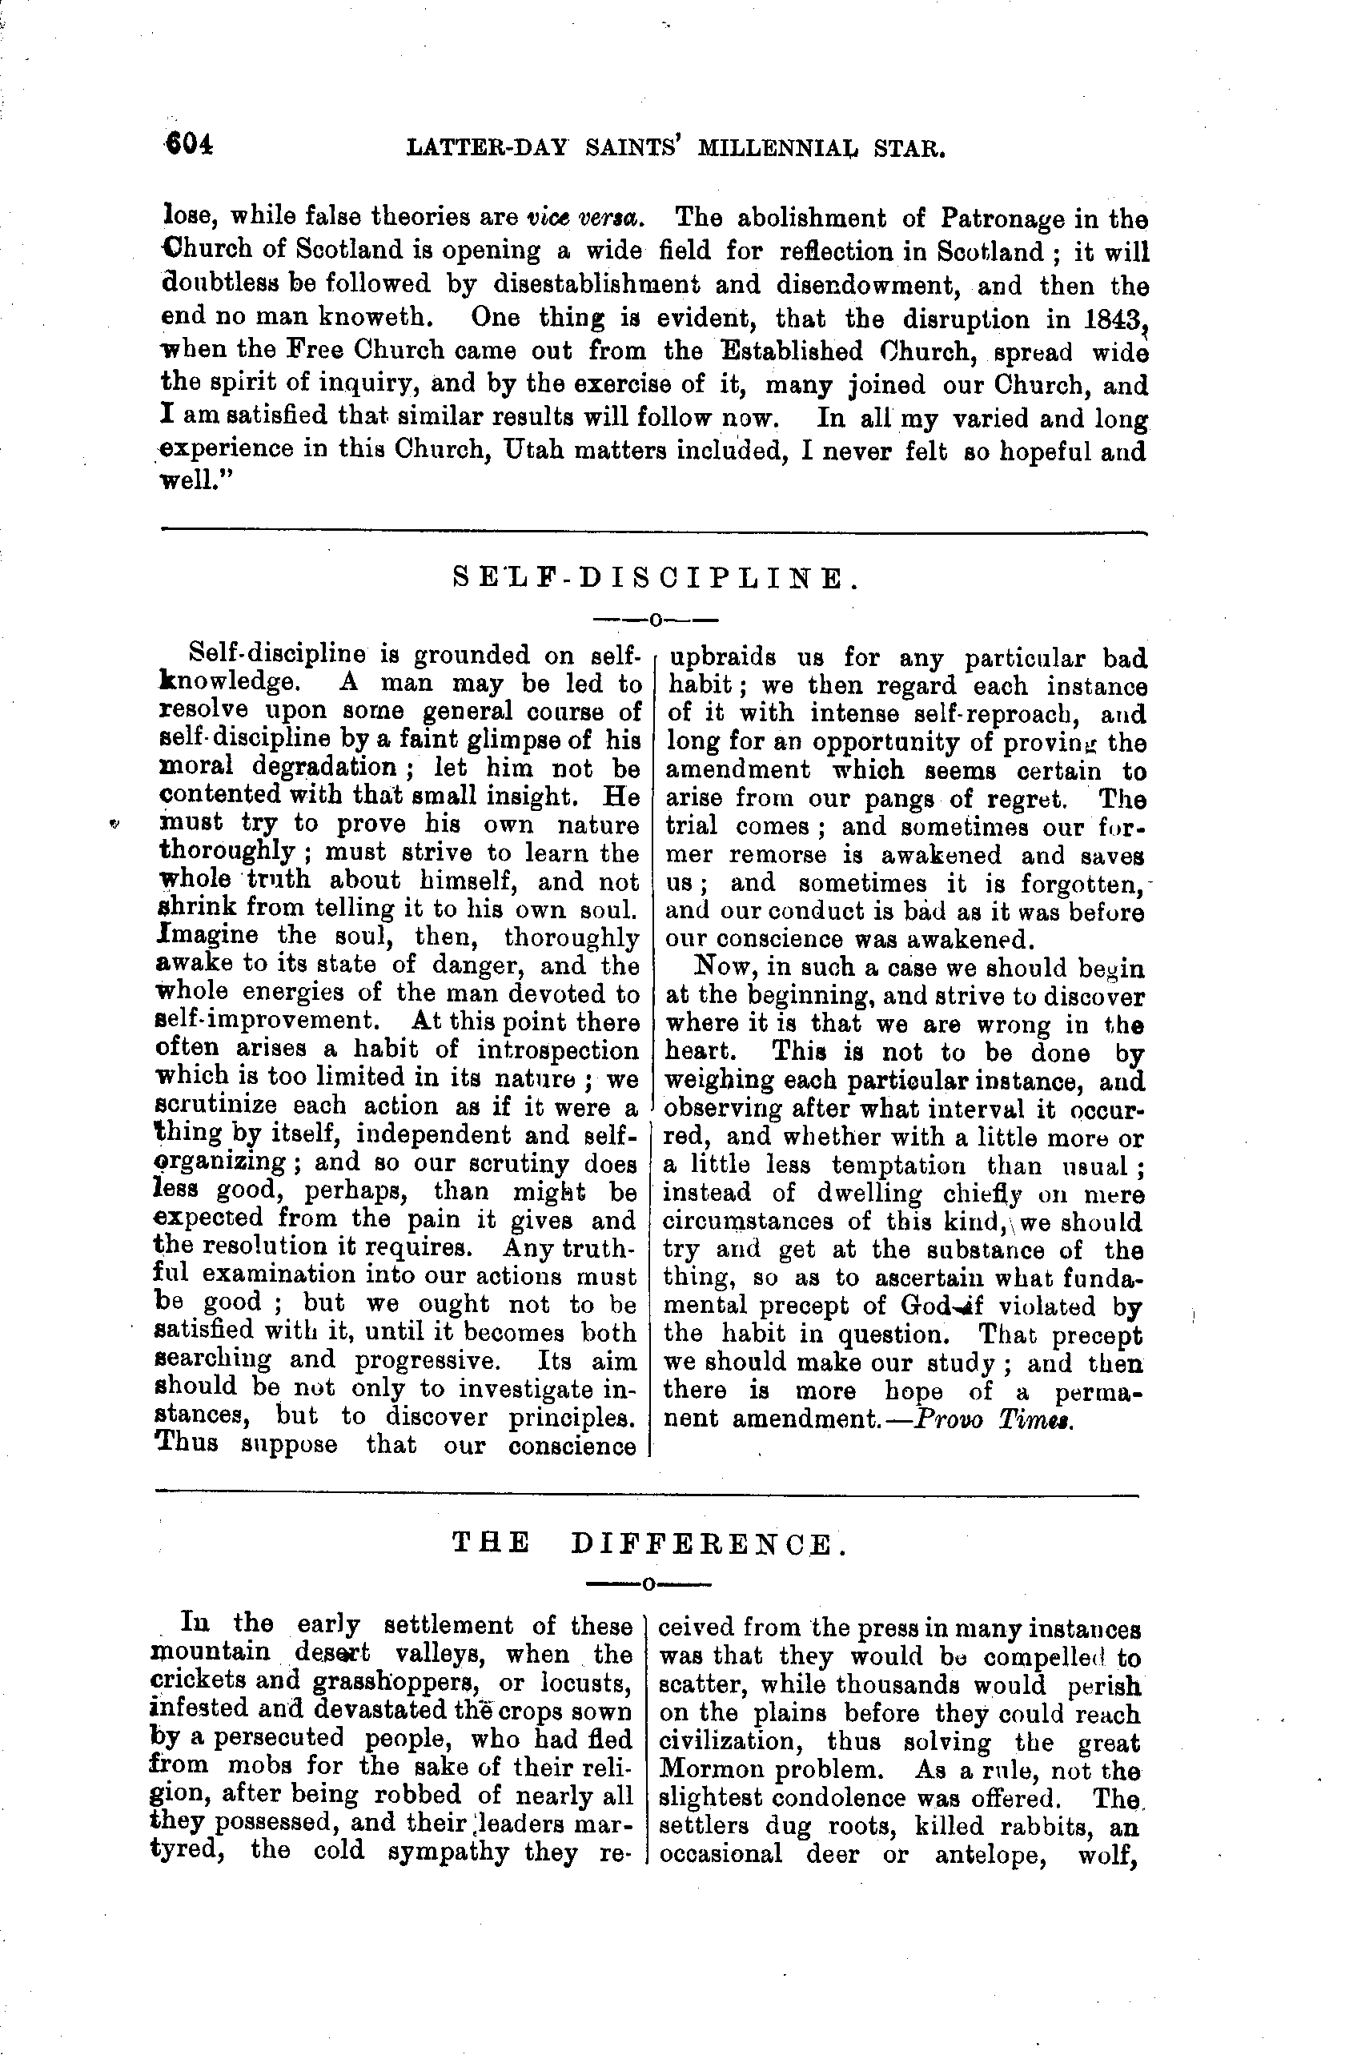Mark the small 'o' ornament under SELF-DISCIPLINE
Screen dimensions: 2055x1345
point(654,619)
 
